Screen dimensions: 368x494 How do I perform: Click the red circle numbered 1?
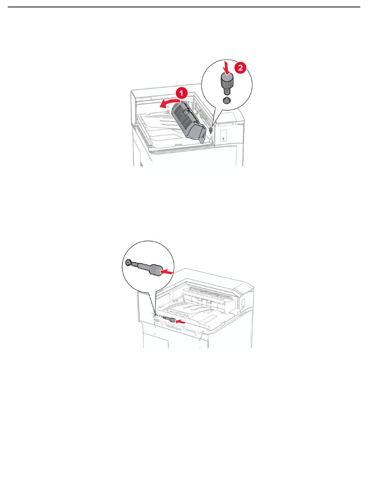pyautogui.click(x=181, y=93)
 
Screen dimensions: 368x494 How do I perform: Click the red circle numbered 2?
pyautogui.click(x=240, y=68)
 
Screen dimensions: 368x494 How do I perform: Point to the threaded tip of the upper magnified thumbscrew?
pyautogui.click(x=227, y=91)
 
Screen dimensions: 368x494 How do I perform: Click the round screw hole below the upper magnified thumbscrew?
pyautogui.click(x=227, y=100)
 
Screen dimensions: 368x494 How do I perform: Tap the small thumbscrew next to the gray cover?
pyautogui.click(x=210, y=130)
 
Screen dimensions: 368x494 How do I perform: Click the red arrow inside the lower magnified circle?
pyautogui.click(x=167, y=272)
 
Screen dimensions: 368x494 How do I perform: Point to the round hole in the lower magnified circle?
pyautogui.click(x=128, y=263)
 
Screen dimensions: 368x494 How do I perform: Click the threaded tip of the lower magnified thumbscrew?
pyautogui.click(x=134, y=264)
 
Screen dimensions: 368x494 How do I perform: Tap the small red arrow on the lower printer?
pyautogui.click(x=181, y=322)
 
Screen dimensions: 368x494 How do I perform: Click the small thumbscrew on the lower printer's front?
pyautogui.click(x=170, y=319)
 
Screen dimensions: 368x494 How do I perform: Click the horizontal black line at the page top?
pyautogui.click(x=184, y=7)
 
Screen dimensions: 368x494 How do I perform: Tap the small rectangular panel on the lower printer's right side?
pyautogui.click(x=243, y=303)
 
